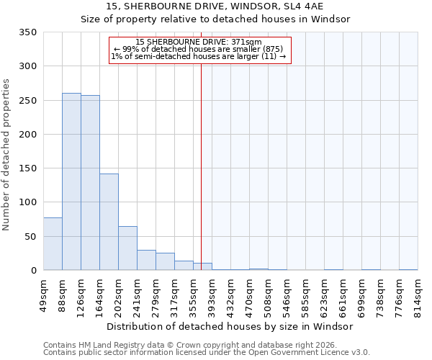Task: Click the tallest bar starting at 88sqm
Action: click(71, 181)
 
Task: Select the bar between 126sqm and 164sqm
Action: click(90, 183)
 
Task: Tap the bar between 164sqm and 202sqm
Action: click(109, 222)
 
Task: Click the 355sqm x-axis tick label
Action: click(193, 293)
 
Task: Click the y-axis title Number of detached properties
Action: click(7, 155)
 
